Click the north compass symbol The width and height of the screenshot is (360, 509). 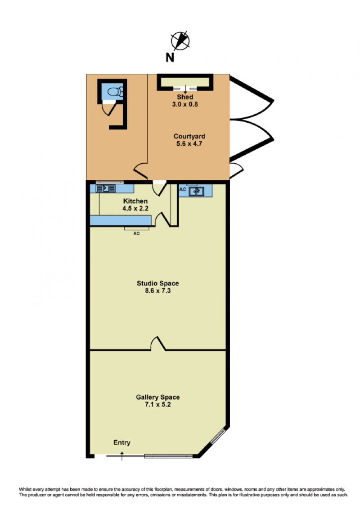pos(180,41)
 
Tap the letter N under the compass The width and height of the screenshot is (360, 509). pos(170,58)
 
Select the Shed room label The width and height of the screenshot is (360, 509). pos(185,97)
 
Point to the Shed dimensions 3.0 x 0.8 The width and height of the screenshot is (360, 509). pos(185,104)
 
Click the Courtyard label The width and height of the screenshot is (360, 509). pos(189,136)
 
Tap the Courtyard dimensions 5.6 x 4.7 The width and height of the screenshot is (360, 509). pos(189,143)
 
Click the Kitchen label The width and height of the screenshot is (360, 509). pos(135,201)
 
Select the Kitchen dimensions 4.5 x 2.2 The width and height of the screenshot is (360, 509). pos(135,208)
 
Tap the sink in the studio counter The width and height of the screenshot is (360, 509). pos(196,191)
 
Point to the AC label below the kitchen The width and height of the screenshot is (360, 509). pos(136,233)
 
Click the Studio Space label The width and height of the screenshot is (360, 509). pos(157,283)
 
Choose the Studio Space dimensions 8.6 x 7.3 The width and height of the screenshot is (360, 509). pos(157,290)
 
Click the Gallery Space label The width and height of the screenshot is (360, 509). pos(157,397)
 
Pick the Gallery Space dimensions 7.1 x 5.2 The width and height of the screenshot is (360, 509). pos(157,405)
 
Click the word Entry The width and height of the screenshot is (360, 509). pos(122,442)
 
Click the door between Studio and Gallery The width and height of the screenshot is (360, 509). pos(158,344)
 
